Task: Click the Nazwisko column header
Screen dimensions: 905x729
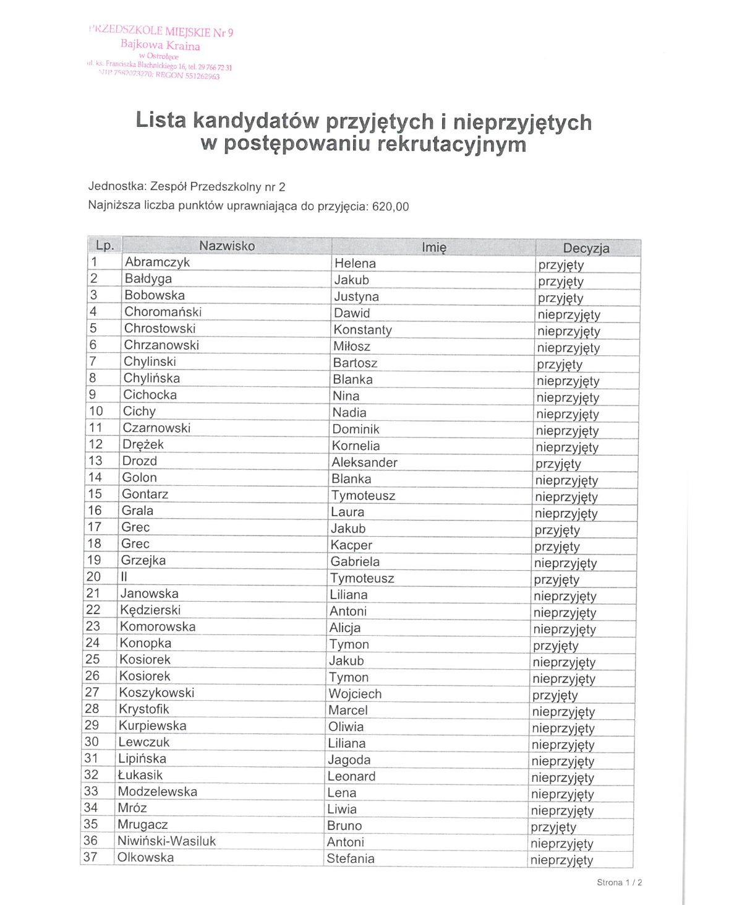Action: [x=226, y=246]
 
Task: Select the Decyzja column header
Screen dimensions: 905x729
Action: [x=586, y=248]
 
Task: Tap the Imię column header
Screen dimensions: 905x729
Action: [x=433, y=247]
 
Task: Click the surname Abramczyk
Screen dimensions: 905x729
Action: [x=157, y=262]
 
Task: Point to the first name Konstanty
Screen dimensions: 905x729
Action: [x=362, y=330]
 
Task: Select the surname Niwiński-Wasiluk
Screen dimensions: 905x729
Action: [x=166, y=841]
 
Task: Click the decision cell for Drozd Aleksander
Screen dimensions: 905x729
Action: [x=558, y=464]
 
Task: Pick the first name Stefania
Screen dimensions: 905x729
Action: [x=350, y=859]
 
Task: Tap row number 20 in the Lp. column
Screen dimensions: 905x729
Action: [x=93, y=576]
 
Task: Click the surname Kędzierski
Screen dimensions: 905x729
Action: [x=150, y=610]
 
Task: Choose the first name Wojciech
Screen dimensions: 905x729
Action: [x=355, y=694]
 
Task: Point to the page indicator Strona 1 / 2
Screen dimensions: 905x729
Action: [x=619, y=882]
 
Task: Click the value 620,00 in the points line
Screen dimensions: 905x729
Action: [x=390, y=207]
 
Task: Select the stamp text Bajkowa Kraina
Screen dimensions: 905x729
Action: [x=160, y=45]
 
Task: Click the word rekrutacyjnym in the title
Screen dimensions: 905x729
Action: [x=451, y=144]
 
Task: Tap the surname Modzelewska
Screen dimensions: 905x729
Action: [x=157, y=791]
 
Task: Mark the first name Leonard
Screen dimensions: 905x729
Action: [x=351, y=776]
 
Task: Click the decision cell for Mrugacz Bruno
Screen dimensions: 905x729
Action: [x=553, y=827]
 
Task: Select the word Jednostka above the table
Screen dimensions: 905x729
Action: [x=116, y=186]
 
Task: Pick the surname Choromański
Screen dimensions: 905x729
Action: [x=163, y=311]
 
